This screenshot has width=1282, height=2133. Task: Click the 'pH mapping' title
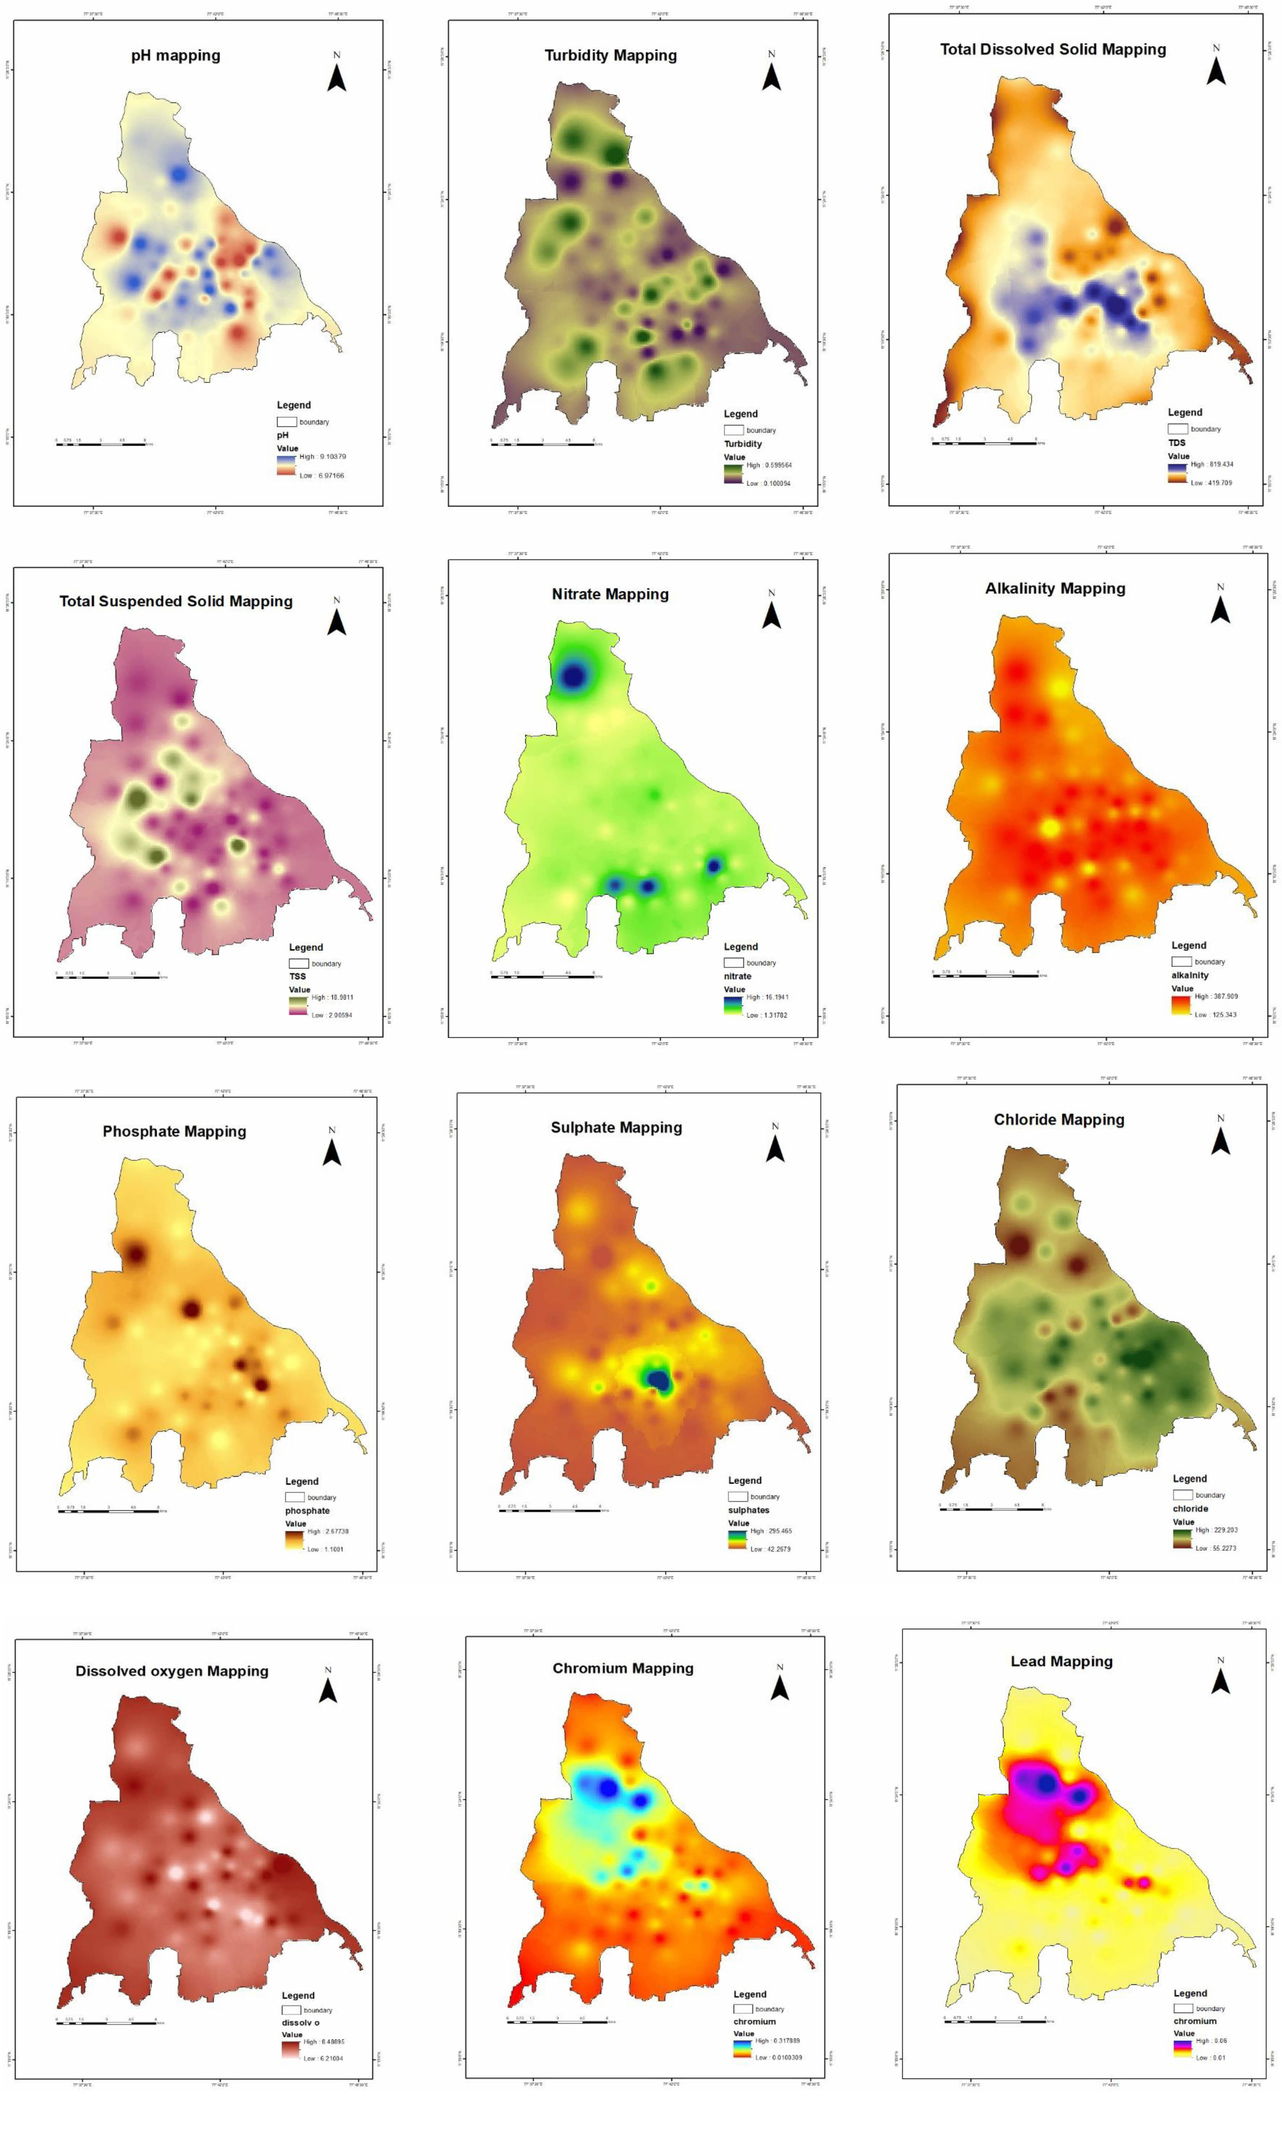[x=175, y=55]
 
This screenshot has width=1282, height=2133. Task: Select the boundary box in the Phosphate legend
[x=295, y=1497]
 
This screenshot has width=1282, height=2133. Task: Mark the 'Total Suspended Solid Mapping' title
[x=175, y=601]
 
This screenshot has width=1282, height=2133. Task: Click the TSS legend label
[x=297, y=976]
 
